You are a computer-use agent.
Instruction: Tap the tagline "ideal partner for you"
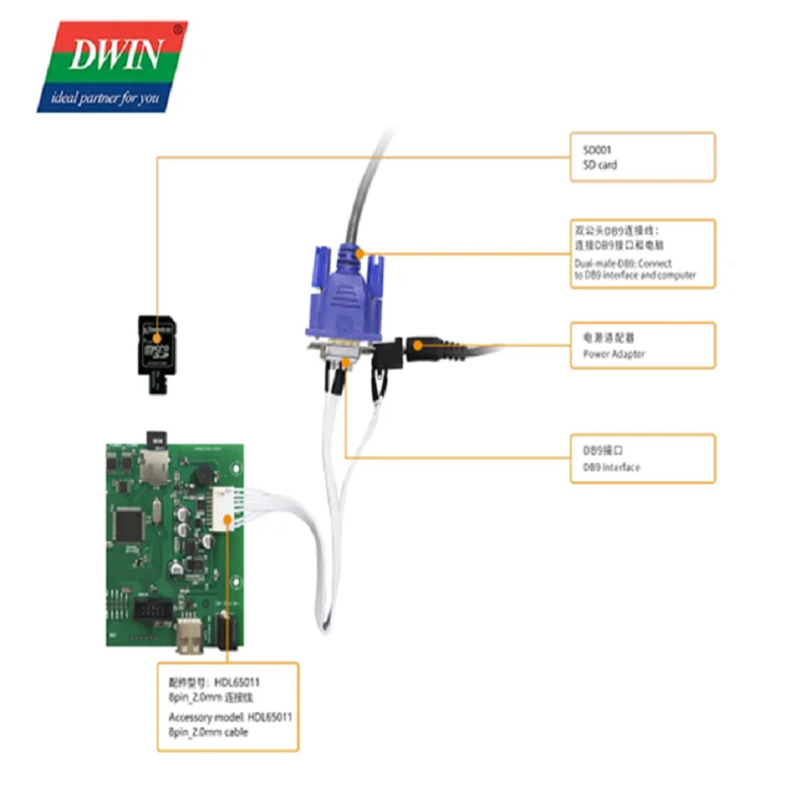tap(106, 99)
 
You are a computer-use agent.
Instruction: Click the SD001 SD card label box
tap(642, 157)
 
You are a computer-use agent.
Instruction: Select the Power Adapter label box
tap(642, 346)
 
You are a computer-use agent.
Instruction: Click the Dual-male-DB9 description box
tap(642, 254)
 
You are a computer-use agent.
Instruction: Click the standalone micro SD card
tap(156, 351)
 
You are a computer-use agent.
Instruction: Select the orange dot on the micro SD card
tap(156, 339)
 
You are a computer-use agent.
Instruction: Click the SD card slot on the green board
tap(155, 460)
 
